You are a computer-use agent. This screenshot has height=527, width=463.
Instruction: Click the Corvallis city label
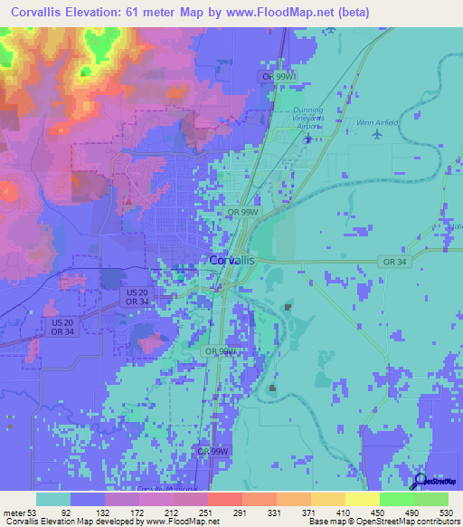[x=231, y=260]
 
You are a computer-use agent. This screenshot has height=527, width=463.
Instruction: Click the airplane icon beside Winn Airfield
[x=376, y=135]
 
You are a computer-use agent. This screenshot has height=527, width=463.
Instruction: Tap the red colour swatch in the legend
[x=225, y=499]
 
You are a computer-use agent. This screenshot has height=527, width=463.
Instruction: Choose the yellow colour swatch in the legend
[x=363, y=499]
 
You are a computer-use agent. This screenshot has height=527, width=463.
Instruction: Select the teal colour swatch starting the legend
[x=52, y=499]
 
